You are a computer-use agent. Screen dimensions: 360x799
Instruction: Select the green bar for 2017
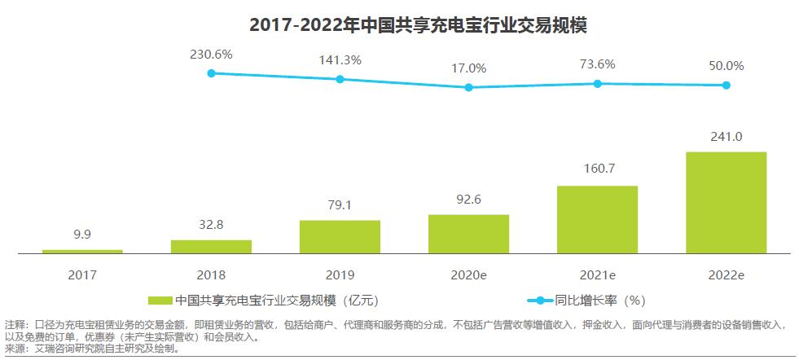point(82,251)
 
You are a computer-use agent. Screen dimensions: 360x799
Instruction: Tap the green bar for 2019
point(340,236)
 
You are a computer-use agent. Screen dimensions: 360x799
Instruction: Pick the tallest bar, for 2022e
point(726,202)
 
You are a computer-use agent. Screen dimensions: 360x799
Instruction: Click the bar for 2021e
point(597,219)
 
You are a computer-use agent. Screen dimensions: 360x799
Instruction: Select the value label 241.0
point(726,136)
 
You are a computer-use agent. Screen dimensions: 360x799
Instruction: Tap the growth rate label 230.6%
point(211,54)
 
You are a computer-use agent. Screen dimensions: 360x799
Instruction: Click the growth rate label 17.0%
point(468,68)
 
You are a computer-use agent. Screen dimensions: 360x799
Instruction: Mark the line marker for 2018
point(211,73)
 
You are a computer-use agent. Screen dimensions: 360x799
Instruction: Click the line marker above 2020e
point(468,87)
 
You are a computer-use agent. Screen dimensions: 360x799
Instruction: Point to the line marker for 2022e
point(726,85)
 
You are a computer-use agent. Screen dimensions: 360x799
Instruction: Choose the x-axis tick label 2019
point(340,275)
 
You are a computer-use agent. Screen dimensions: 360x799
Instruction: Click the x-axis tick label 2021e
point(597,275)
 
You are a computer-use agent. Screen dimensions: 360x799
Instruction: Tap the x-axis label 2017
point(82,275)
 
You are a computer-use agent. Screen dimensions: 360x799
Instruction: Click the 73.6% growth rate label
point(597,64)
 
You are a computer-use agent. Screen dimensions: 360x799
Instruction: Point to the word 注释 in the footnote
point(15,324)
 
